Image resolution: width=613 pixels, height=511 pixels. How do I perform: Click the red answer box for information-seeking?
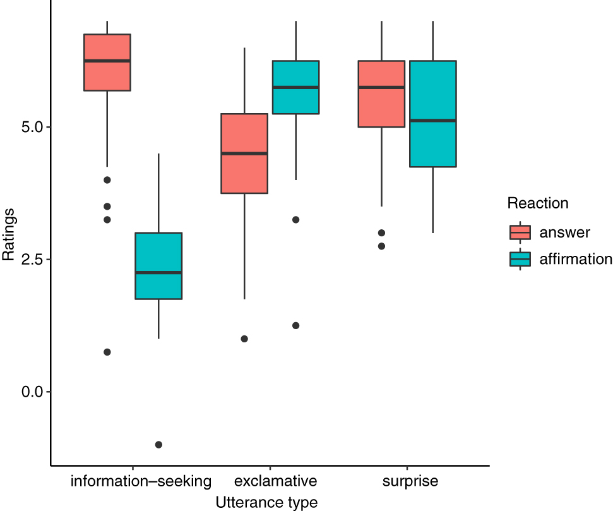tap(107, 62)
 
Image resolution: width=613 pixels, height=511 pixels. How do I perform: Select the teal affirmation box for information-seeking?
tap(158, 265)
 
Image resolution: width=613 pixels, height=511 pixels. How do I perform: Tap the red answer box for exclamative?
tap(244, 153)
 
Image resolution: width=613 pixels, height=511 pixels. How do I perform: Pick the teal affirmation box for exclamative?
tap(295, 87)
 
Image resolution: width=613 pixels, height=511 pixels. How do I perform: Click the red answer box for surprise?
tap(381, 93)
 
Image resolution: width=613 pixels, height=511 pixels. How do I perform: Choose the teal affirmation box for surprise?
tap(432, 114)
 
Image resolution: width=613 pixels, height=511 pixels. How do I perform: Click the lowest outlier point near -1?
tap(158, 445)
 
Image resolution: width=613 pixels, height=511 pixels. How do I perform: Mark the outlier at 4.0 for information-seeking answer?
tap(107, 180)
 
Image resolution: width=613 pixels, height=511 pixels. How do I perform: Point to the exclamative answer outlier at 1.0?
tap(244, 339)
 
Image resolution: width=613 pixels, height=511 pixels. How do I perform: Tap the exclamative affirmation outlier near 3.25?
tap(295, 220)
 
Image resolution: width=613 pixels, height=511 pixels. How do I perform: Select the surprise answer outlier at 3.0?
tap(381, 233)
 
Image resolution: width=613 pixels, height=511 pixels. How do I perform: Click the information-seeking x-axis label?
tap(141, 481)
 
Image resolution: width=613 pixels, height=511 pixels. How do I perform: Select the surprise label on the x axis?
tap(410, 481)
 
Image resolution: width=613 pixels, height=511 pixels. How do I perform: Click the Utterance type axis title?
tap(266, 502)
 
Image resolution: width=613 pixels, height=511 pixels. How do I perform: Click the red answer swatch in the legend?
tap(520, 232)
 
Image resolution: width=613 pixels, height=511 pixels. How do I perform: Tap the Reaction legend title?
tap(538, 203)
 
